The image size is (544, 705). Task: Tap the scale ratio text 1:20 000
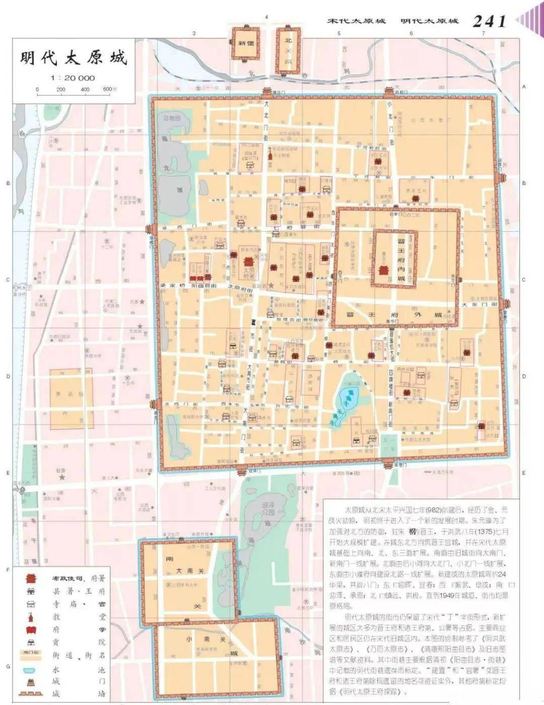tap(73, 78)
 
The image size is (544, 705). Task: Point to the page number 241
tap(489, 21)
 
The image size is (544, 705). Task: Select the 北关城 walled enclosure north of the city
tap(289, 50)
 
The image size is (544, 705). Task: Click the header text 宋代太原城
tap(356, 21)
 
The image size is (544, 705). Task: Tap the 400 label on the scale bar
tap(85, 90)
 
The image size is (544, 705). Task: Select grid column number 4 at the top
tap(266, 17)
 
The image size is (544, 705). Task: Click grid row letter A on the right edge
tap(524, 87)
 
